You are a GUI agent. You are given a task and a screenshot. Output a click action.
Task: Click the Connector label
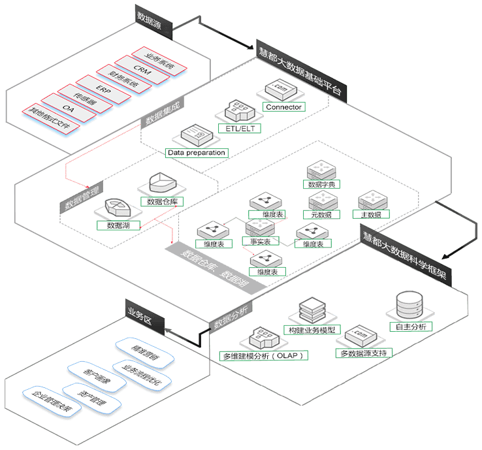point(283,106)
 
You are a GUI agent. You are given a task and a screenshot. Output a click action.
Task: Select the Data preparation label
point(196,153)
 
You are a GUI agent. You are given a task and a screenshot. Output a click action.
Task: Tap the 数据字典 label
point(323,185)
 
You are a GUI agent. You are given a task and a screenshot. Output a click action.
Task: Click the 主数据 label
point(370,214)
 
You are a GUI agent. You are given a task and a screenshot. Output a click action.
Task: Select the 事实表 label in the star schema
point(261,241)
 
